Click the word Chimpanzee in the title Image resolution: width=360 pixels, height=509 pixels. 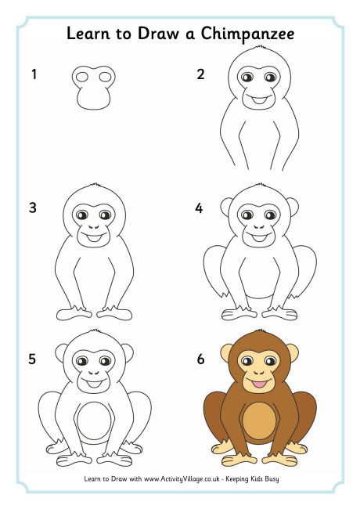click(x=251, y=34)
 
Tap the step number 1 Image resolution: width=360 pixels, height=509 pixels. click(x=34, y=75)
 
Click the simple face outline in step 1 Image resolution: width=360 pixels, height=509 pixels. click(x=93, y=88)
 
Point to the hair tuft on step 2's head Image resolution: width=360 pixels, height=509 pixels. click(x=257, y=48)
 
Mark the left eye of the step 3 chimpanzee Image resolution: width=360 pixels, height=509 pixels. click(x=84, y=213)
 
